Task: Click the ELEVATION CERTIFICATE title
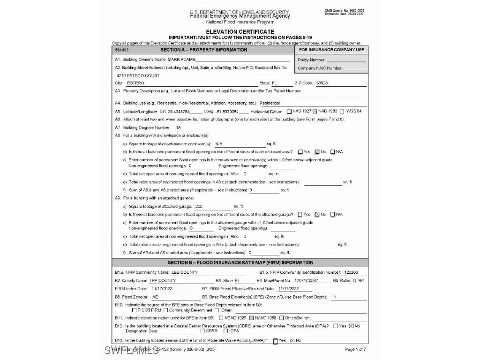pyautogui.click(x=240, y=32)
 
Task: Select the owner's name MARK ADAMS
pyautogui.click(x=181, y=60)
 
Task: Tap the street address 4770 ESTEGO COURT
pyautogui.click(x=138, y=75)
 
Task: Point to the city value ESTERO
pyautogui.click(x=132, y=83)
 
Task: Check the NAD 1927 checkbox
pyautogui.click(x=289, y=111)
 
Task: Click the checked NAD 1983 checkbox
pyautogui.click(x=315, y=111)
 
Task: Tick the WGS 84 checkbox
pyautogui.click(x=342, y=111)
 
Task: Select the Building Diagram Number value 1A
pyautogui.click(x=178, y=127)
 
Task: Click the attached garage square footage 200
pyautogui.click(x=199, y=206)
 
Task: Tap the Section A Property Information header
pyautogui.click(x=203, y=50)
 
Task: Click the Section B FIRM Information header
pyautogui.click(x=240, y=262)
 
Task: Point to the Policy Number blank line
pyautogui.click(x=346, y=60)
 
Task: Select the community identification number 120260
pyautogui.click(x=351, y=272)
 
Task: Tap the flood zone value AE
pyautogui.click(x=156, y=297)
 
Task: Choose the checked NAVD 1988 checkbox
pyautogui.click(x=251, y=318)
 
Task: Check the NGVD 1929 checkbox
pyautogui.click(x=221, y=318)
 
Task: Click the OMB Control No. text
pyautogui.click(x=344, y=10)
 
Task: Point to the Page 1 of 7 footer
pyautogui.click(x=355, y=349)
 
